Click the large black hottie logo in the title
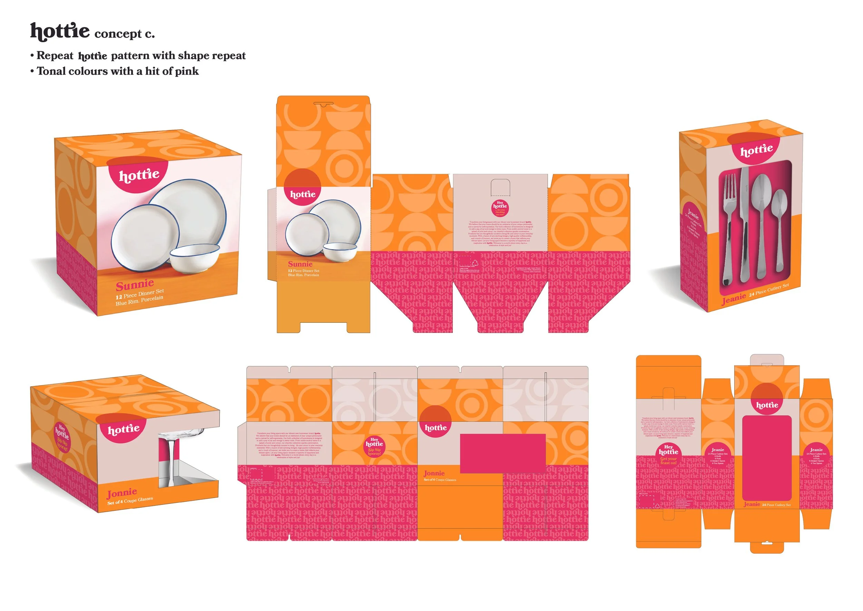pos(60,31)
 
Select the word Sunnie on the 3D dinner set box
pos(135,285)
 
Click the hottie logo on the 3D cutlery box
pos(756,150)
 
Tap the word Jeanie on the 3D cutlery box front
pos(733,299)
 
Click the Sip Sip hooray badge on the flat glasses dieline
pos(374,446)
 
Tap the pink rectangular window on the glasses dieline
pos(503,453)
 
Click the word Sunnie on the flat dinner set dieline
pos(300,264)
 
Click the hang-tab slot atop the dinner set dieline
pos(323,103)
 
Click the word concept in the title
pos(118,34)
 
